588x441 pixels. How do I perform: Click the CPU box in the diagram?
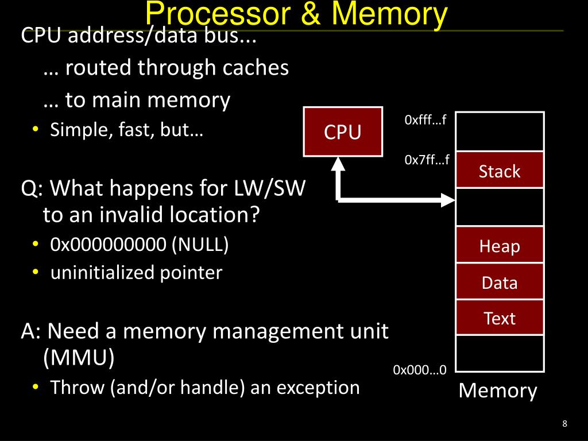tap(343, 131)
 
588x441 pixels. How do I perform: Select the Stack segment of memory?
tap(500, 170)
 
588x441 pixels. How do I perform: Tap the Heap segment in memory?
tap(500, 245)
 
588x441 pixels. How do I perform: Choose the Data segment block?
tap(500, 281)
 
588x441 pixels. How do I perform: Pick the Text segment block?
tap(500, 318)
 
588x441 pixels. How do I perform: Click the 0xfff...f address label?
tap(425, 120)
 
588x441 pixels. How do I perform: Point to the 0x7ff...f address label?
tap(427, 160)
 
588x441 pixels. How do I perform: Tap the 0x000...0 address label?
tap(420, 370)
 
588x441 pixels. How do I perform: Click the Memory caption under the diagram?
tap(498, 390)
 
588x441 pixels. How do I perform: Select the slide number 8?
tap(565, 424)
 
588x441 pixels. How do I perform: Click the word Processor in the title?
tap(218, 14)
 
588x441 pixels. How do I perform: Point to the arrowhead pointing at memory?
tap(448, 200)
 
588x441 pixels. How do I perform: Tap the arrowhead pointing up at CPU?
tap(338, 164)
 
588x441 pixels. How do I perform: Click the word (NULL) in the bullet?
tap(200, 245)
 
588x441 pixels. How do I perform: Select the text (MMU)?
tap(79, 357)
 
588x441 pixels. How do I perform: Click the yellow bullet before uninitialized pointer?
tap(36, 272)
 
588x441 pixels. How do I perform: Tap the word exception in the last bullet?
tap(318, 388)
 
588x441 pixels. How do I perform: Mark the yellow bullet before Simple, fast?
tap(36, 129)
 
